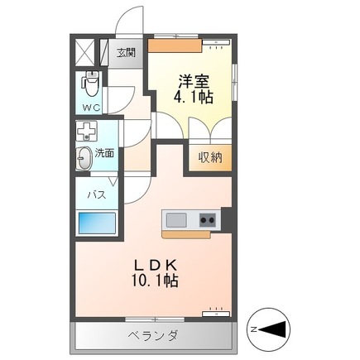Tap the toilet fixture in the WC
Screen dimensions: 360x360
click(91, 82)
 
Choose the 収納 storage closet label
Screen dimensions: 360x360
click(210, 157)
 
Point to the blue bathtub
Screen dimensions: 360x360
click(96, 223)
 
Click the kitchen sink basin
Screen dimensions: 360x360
click(176, 220)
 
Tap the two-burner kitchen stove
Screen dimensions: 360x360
click(206, 220)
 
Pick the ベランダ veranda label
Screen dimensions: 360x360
click(153, 335)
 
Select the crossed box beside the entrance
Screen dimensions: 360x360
click(84, 52)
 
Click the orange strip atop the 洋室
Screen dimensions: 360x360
click(175, 46)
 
